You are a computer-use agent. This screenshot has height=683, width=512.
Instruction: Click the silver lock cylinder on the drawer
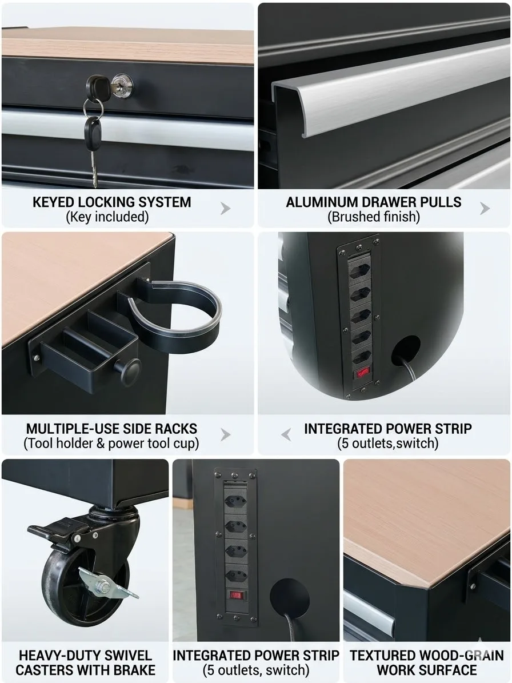[x=122, y=86]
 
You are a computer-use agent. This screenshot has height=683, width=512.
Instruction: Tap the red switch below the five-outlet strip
[x=363, y=373]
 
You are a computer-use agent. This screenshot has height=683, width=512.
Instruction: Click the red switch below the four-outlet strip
[x=236, y=595]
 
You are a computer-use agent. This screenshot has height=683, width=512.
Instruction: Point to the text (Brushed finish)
[x=374, y=217]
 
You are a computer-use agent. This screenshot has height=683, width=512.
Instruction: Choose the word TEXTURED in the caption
[x=377, y=655]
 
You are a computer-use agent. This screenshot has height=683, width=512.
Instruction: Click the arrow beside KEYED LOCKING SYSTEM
[x=225, y=209]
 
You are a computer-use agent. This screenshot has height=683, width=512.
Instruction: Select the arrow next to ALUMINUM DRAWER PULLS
[x=485, y=209]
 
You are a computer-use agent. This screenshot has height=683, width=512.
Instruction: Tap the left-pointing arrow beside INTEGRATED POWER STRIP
[x=286, y=435]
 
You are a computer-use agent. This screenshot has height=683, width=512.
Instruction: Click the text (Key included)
[x=107, y=217]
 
